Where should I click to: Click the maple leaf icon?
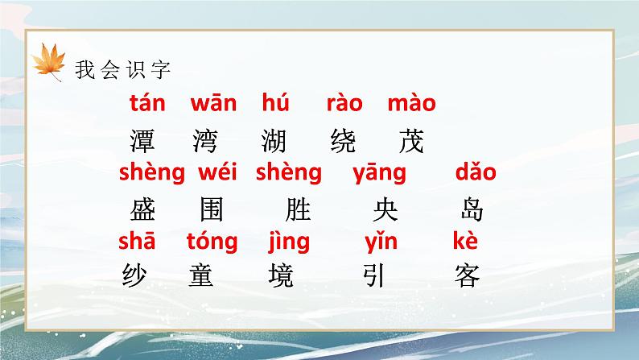[x=49, y=62]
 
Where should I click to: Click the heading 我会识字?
[x=123, y=70]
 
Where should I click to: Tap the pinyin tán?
[x=146, y=103]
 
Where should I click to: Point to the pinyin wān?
[x=213, y=103]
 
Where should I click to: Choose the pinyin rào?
[x=344, y=103]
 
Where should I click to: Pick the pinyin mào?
[x=411, y=103]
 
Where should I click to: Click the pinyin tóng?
[x=212, y=241]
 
